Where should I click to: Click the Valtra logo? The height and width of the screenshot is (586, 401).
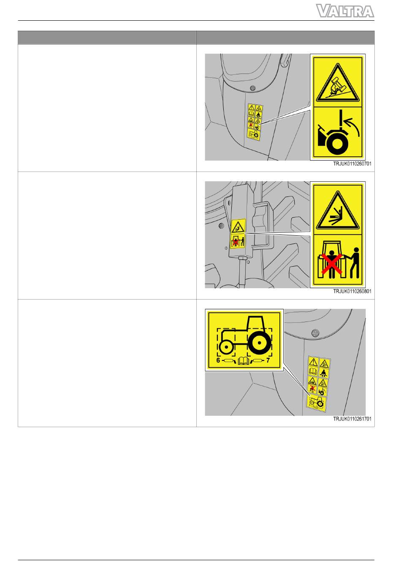point(345,11)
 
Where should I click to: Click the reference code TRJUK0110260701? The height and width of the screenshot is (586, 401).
point(352,164)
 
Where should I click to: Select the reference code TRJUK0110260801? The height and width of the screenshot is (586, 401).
point(352,292)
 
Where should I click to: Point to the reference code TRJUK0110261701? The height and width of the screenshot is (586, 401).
point(352,419)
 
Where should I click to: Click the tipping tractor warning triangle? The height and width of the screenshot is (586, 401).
point(338,83)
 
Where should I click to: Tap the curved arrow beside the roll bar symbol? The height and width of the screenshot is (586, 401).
point(353,126)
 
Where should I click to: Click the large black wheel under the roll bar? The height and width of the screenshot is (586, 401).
point(337,144)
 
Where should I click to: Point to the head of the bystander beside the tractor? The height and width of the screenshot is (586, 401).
point(356,250)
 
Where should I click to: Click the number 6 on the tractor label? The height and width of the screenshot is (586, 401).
point(218,360)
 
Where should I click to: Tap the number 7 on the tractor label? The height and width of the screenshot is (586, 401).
point(268,360)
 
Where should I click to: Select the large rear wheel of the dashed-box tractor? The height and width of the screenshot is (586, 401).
point(258,343)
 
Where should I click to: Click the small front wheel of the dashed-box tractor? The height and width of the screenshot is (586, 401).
point(226,347)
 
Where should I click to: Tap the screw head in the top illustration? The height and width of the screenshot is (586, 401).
point(252,88)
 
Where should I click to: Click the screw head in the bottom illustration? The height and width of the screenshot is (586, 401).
point(315,333)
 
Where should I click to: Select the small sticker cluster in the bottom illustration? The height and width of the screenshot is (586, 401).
point(318,384)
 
